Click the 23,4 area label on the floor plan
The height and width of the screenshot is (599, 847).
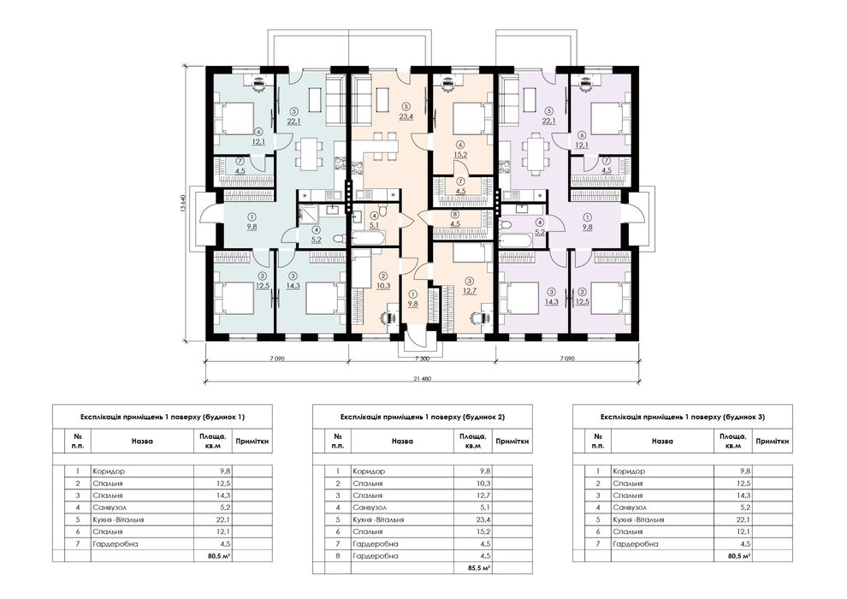coord(406,116)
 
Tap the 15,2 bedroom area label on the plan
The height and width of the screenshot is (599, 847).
coord(461,154)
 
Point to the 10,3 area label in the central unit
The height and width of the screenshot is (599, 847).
coord(383,285)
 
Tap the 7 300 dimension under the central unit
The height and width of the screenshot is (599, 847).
coord(422,358)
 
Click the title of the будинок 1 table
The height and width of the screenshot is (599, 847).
coord(163,417)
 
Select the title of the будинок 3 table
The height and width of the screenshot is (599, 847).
coord(683,417)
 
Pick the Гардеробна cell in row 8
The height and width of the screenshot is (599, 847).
coord(376,556)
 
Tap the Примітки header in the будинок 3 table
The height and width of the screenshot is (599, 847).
coord(773,442)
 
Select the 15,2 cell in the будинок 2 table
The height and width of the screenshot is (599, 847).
coord(484,531)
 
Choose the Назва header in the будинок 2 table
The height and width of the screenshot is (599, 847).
coord(402,442)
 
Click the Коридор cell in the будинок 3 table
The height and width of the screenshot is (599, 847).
coord(629,471)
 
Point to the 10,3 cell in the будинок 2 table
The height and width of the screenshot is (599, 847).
coord(484,483)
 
